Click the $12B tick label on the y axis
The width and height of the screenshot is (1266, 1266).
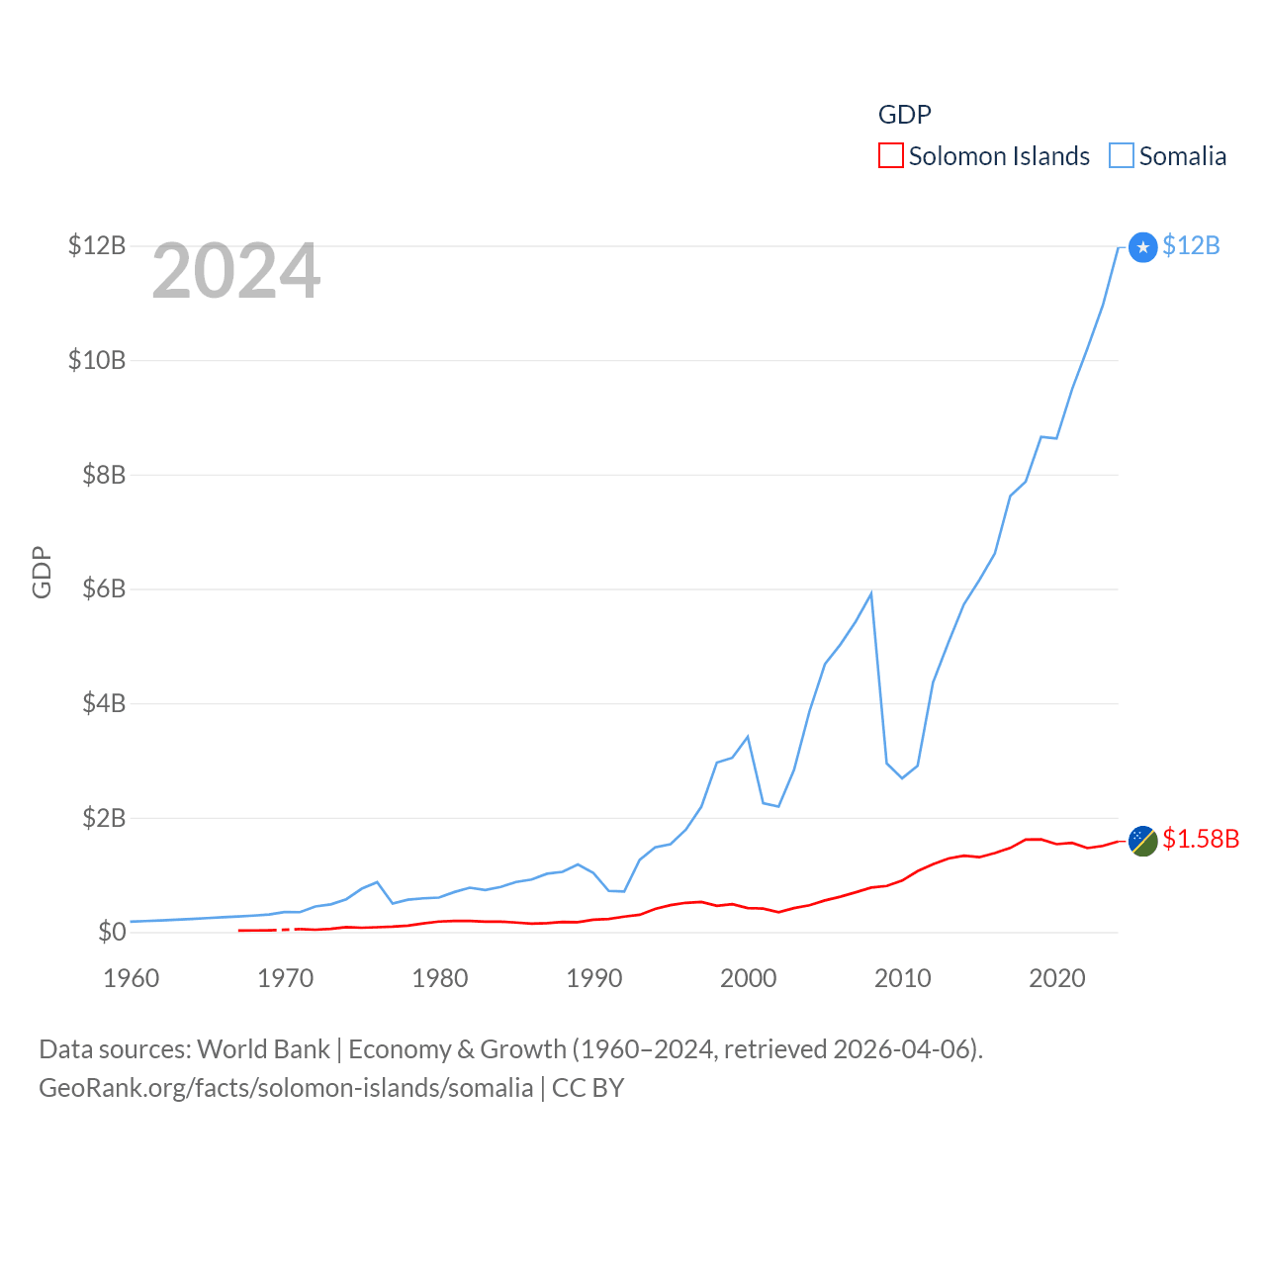pos(96,245)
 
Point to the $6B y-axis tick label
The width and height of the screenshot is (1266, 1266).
pos(103,588)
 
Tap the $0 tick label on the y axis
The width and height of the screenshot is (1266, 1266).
pos(112,932)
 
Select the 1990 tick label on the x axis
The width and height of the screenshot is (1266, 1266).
pos(593,978)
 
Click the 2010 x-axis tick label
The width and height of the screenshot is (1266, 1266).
pos(902,978)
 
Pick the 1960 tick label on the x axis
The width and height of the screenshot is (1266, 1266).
pos(132,978)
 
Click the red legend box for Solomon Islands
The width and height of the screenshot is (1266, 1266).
pos(890,156)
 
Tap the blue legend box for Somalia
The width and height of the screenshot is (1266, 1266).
pos(1121,156)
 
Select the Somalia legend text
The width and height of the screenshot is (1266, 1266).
pos(1182,156)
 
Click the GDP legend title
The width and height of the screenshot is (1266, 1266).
pos(904,115)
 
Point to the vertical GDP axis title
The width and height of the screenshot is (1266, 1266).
pos(42,572)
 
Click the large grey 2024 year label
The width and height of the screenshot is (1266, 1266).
pos(235,271)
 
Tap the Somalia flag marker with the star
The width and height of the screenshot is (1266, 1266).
pos(1142,247)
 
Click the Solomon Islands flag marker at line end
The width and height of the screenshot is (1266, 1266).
pos(1142,841)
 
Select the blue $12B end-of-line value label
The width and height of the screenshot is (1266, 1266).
pos(1191,245)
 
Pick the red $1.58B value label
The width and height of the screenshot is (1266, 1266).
pos(1200,839)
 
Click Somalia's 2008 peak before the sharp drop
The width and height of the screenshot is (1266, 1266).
pos(870,593)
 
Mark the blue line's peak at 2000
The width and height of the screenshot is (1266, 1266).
pos(748,737)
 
